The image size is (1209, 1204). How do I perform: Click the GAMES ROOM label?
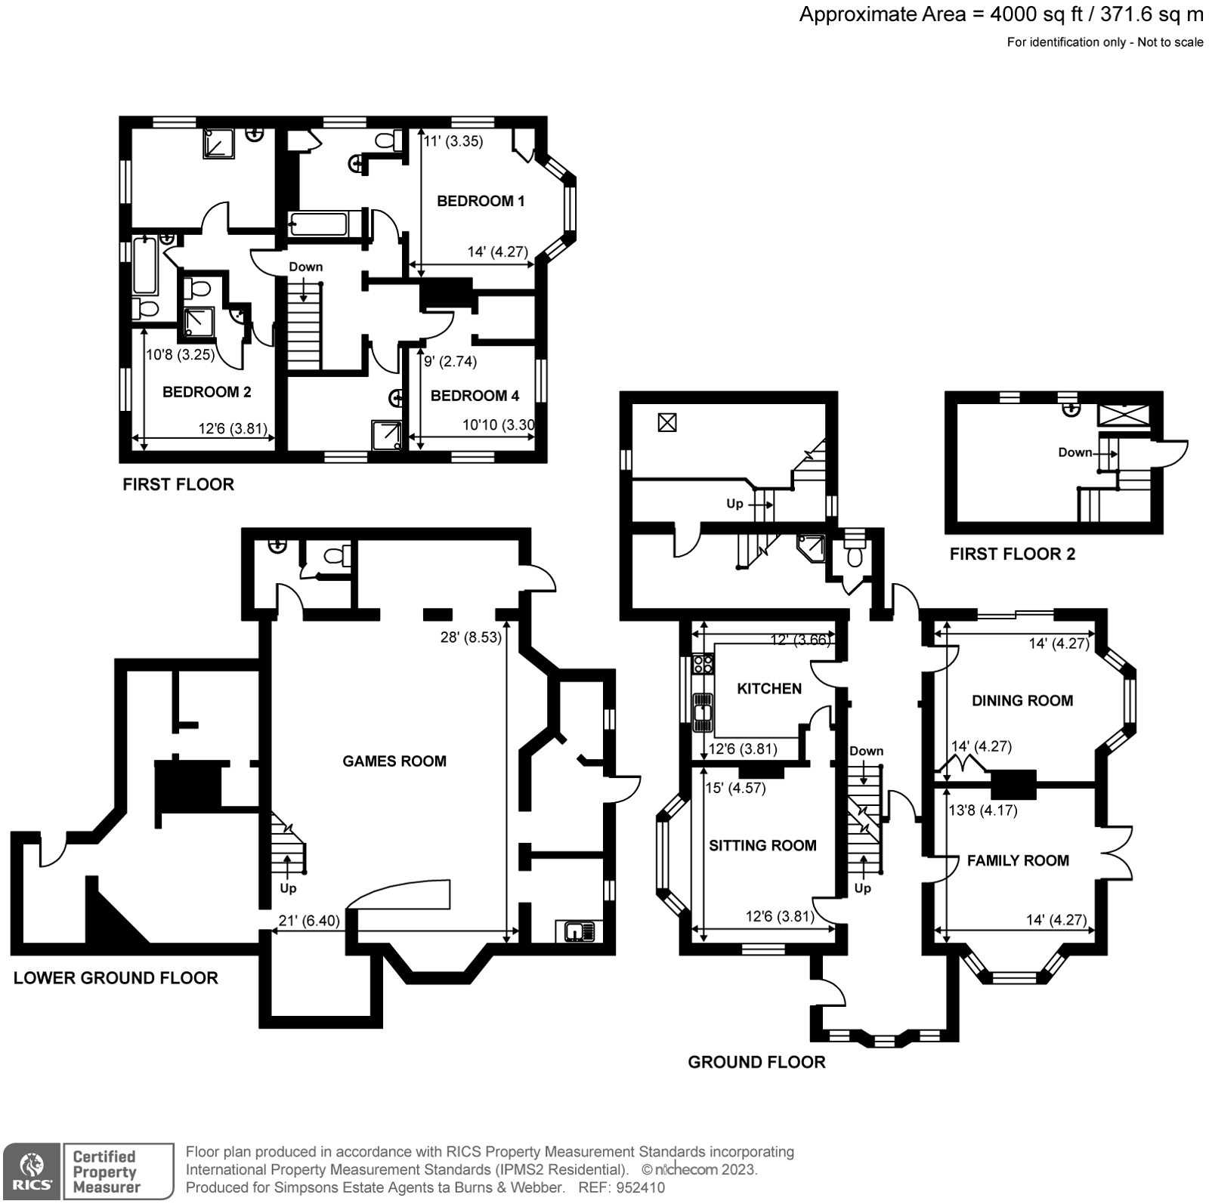click(394, 761)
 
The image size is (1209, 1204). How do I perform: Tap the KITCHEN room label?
click(769, 689)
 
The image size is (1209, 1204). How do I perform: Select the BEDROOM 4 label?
click(475, 396)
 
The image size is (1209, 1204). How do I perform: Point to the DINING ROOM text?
click(1022, 701)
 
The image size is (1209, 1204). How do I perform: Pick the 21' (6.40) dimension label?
click(309, 921)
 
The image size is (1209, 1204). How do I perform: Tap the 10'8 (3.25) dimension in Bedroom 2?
click(181, 354)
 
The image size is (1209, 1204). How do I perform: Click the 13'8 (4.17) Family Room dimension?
click(982, 810)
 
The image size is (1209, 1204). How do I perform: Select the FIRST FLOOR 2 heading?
click(1012, 554)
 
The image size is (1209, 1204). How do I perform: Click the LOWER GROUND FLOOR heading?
click(116, 979)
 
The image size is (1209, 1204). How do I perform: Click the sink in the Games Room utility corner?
click(580, 931)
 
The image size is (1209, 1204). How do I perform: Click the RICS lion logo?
click(31, 1169)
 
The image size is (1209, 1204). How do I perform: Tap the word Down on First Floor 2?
click(1074, 452)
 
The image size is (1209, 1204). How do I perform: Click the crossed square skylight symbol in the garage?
click(666, 423)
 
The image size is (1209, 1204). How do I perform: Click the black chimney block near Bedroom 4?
click(446, 294)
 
